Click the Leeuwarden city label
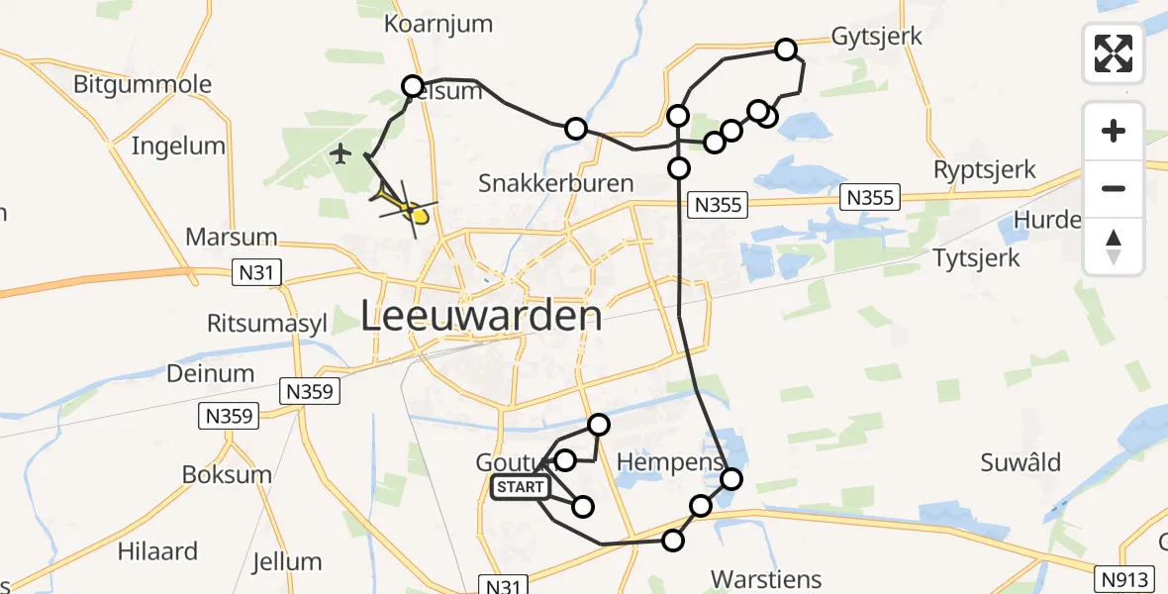click(481, 317)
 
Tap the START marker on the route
click(521, 487)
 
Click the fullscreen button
click(1114, 53)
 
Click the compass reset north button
click(1114, 246)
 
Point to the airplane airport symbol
click(341, 153)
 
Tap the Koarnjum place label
click(432, 21)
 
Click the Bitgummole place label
click(143, 84)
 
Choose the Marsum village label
click(231, 239)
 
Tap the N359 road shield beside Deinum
click(312, 391)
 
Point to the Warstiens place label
click(766, 577)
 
